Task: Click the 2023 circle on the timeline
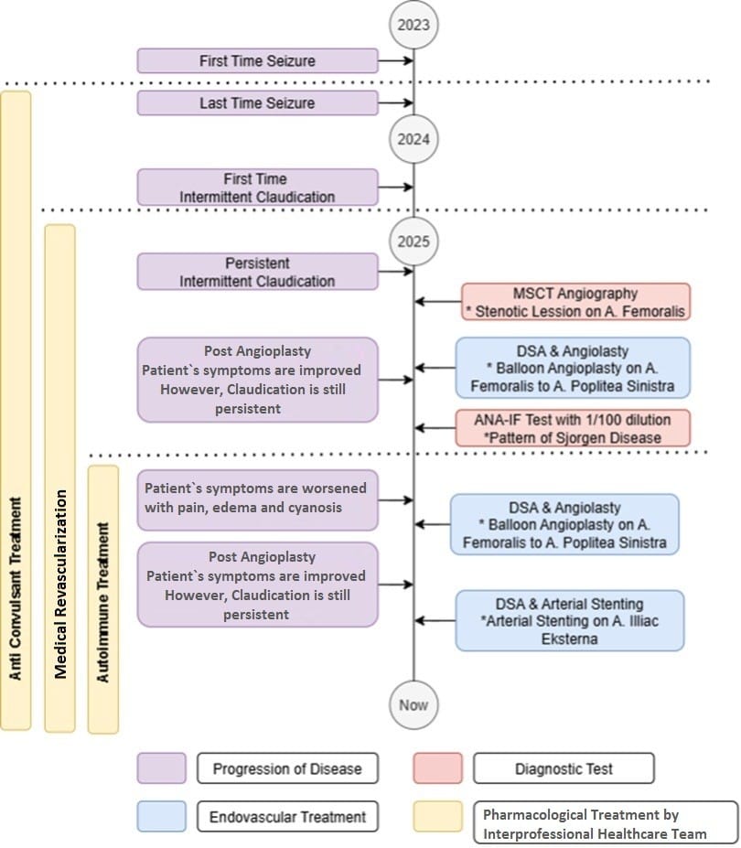point(413,25)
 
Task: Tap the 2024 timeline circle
point(413,139)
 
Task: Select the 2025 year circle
point(413,242)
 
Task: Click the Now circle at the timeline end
point(413,704)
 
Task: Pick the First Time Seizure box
point(257,60)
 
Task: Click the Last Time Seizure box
point(257,102)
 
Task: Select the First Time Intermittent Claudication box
point(257,188)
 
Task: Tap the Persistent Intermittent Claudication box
point(257,272)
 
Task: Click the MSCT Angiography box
point(575,302)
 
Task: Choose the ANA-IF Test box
point(573,428)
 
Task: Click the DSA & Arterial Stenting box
point(570,620)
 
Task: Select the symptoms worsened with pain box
point(257,499)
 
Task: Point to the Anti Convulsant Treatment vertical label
point(16,588)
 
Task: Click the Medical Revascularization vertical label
point(60,584)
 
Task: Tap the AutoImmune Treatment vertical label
point(102,602)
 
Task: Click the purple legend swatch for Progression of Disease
point(161,768)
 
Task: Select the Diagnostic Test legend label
point(564,768)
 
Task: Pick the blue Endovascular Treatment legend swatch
point(161,816)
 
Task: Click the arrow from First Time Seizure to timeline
point(396,60)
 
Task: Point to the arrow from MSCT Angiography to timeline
point(438,301)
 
